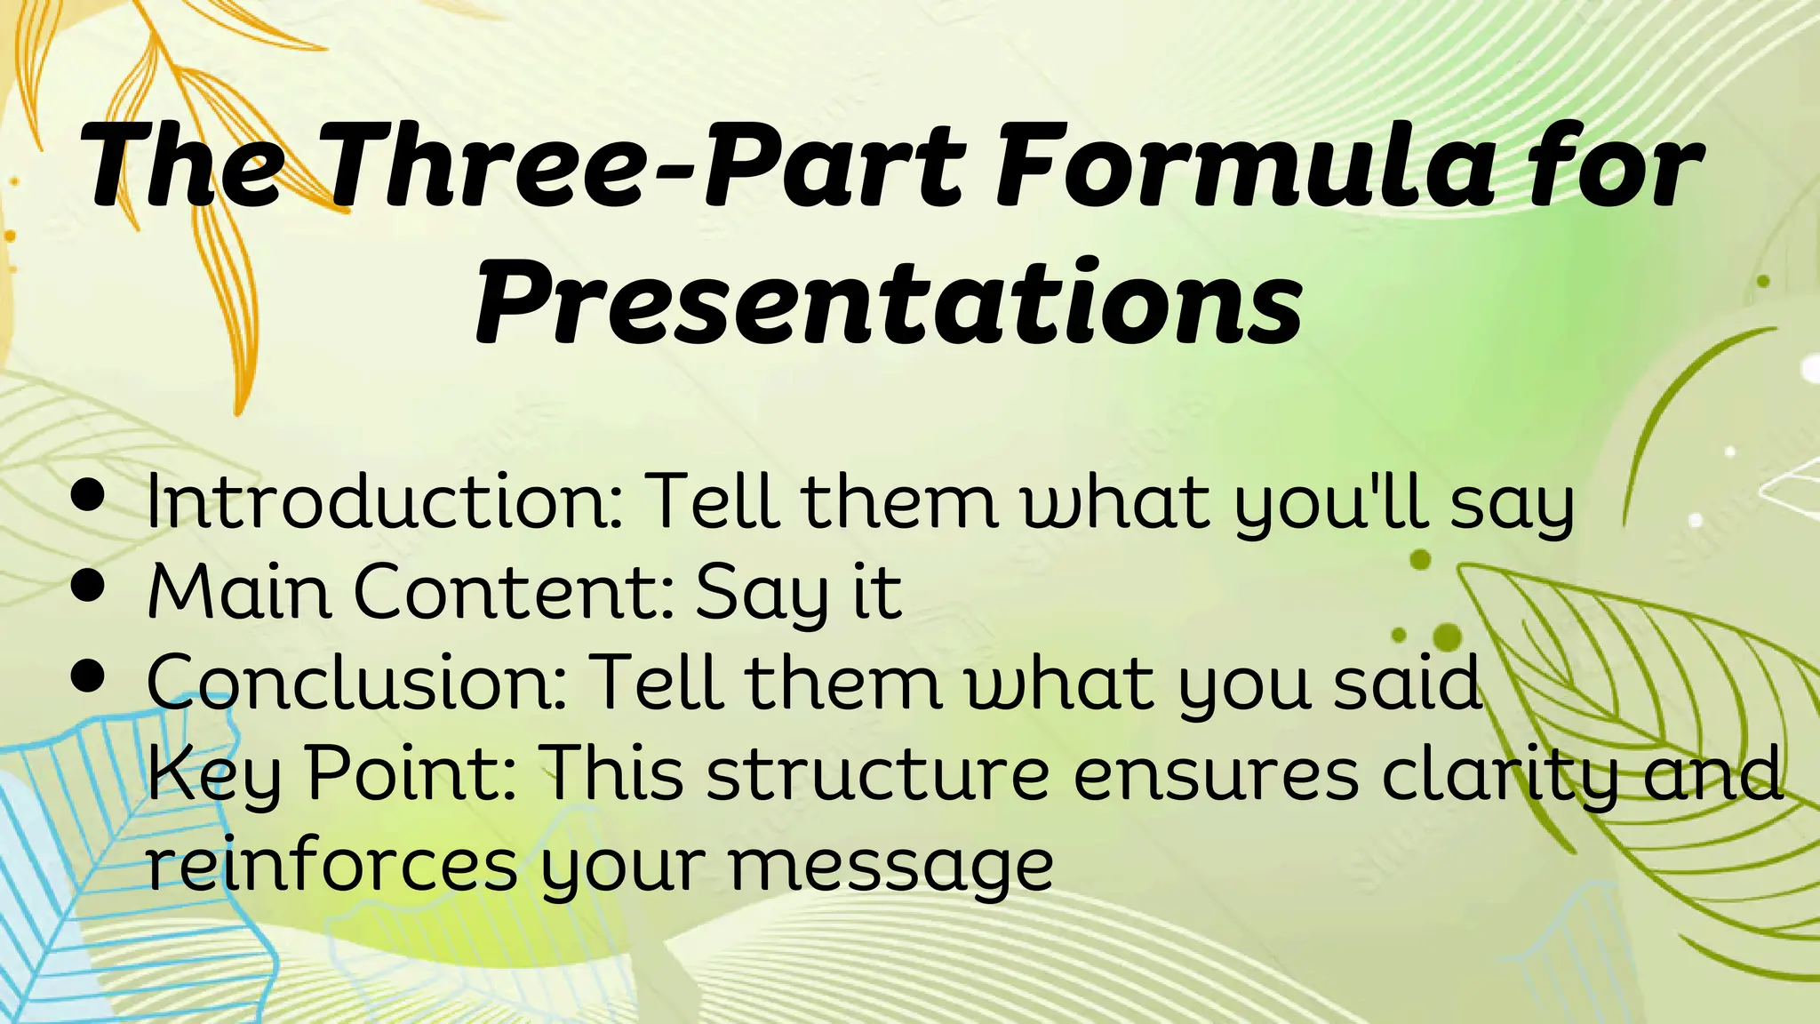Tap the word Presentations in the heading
coord(889,302)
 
